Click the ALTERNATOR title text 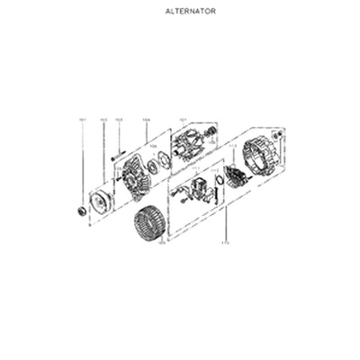pyautogui.click(x=191, y=12)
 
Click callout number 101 pyautogui.click(x=82, y=119)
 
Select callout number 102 pyautogui.click(x=103, y=119)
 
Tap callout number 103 pyautogui.click(x=118, y=119)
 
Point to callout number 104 pyautogui.click(x=146, y=119)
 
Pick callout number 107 pyautogui.click(x=182, y=119)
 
